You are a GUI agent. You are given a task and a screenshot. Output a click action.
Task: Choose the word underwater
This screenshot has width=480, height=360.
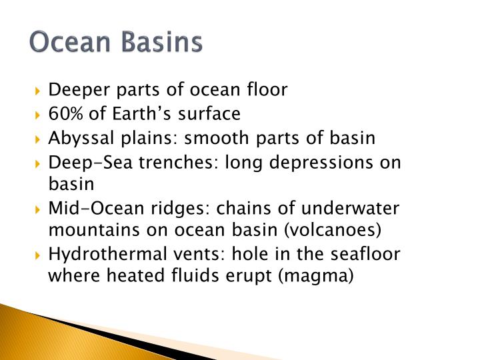coord(360,209)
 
